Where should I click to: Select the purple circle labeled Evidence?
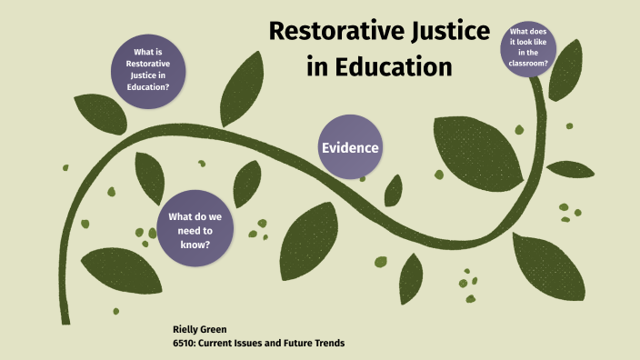(x=350, y=147)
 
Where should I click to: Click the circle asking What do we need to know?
(x=195, y=232)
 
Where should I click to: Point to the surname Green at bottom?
(x=214, y=327)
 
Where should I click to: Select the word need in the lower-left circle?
(x=184, y=232)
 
